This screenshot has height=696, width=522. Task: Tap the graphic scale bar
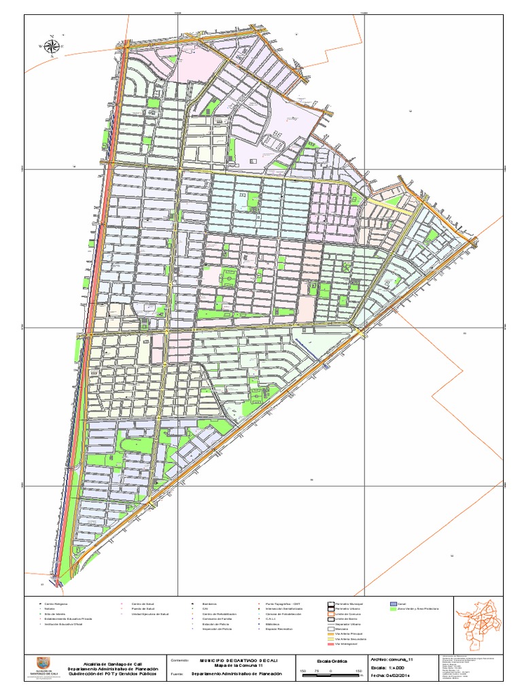pos(330,682)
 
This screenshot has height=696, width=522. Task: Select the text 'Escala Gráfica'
pos(331,661)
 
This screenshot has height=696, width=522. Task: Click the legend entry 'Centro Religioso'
pos(57,603)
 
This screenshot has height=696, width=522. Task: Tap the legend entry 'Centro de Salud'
pos(142,603)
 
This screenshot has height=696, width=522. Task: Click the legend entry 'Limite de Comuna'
pos(346,614)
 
